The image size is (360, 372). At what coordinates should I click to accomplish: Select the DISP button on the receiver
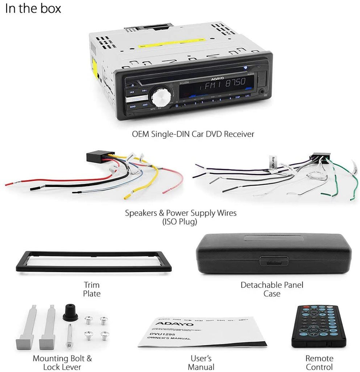[x=238, y=97]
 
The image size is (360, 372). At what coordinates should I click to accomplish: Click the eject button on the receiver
[x=133, y=86]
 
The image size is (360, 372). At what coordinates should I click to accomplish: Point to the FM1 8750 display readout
[x=225, y=86]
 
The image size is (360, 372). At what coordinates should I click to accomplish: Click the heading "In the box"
[x=33, y=9]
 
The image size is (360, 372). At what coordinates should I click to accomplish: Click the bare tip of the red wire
[x=8, y=184]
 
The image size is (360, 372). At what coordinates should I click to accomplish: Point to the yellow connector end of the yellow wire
[x=128, y=197]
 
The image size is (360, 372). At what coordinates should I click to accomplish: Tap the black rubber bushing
[x=70, y=313]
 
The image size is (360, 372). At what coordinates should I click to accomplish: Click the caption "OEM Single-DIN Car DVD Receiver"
[x=193, y=134]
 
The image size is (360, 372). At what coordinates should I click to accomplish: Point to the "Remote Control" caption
[x=319, y=363]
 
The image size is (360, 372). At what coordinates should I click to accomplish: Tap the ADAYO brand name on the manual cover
[x=169, y=323]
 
